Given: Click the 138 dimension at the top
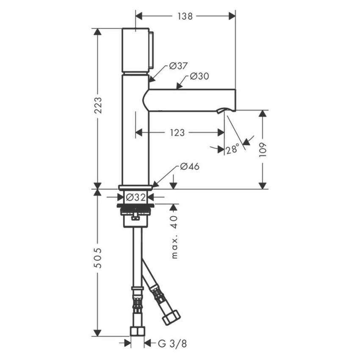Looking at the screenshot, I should pyautogui.click(x=185, y=16).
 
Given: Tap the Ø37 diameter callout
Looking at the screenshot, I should pyautogui.click(x=178, y=66).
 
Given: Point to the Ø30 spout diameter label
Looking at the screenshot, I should pyautogui.click(x=199, y=76).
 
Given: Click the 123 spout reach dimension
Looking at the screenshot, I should pyautogui.click(x=177, y=133).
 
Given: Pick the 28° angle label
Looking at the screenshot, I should pyautogui.click(x=232, y=149).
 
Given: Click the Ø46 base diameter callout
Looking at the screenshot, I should pyautogui.click(x=189, y=166).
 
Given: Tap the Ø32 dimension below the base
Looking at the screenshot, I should pyautogui.click(x=136, y=197).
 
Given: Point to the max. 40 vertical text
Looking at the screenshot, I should pyautogui.click(x=174, y=238).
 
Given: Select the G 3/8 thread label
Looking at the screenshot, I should pyautogui.click(x=172, y=343).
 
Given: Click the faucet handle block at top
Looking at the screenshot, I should pyautogui.click(x=136, y=50).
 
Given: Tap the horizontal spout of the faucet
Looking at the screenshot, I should pyautogui.click(x=191, y=100).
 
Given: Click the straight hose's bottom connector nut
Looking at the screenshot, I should pyautogui.click(x=137, y=330).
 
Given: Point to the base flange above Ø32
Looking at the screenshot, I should pyautogui.click(x=136, y=187).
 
